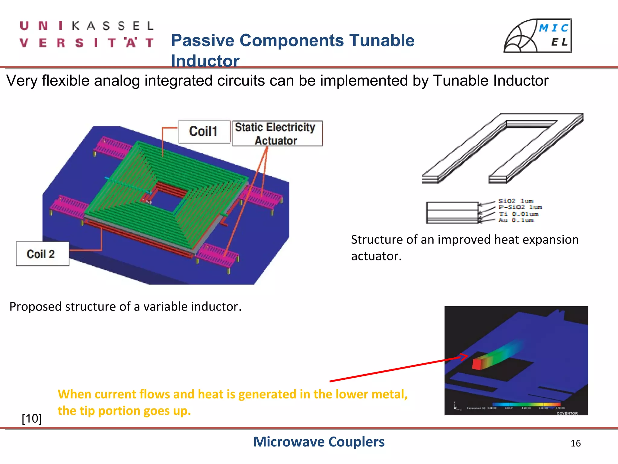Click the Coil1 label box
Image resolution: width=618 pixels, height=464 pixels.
pyautogui.click(x=204, y=131)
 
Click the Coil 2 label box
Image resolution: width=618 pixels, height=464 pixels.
pyautogui.click(x=42, y=254)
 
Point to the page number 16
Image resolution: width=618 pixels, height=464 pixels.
pyautogui.click(x=575, y=443)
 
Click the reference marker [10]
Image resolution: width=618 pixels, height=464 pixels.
pyautogui.click(x=32, y=418)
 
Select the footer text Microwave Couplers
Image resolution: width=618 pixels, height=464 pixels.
pyautogui.click(x=319, y=442)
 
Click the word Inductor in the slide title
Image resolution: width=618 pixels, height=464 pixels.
pyautogui.click(x=205, y=60)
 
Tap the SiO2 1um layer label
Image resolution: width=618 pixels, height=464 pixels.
pyautogui.click(x=516, y=201)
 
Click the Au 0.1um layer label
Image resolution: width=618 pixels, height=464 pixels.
pyautogui.click(x=516, y=220)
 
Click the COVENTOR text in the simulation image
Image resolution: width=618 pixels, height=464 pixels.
pyautogui.click(x=567, y=413)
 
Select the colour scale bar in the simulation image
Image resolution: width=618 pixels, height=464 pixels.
pyautogui.click(x=526, y=404)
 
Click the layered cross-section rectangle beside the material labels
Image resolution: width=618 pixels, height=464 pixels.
pyautogui.click(x=452, y=212)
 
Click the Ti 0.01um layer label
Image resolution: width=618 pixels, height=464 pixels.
pyautogui.click(x=518, y=214)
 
